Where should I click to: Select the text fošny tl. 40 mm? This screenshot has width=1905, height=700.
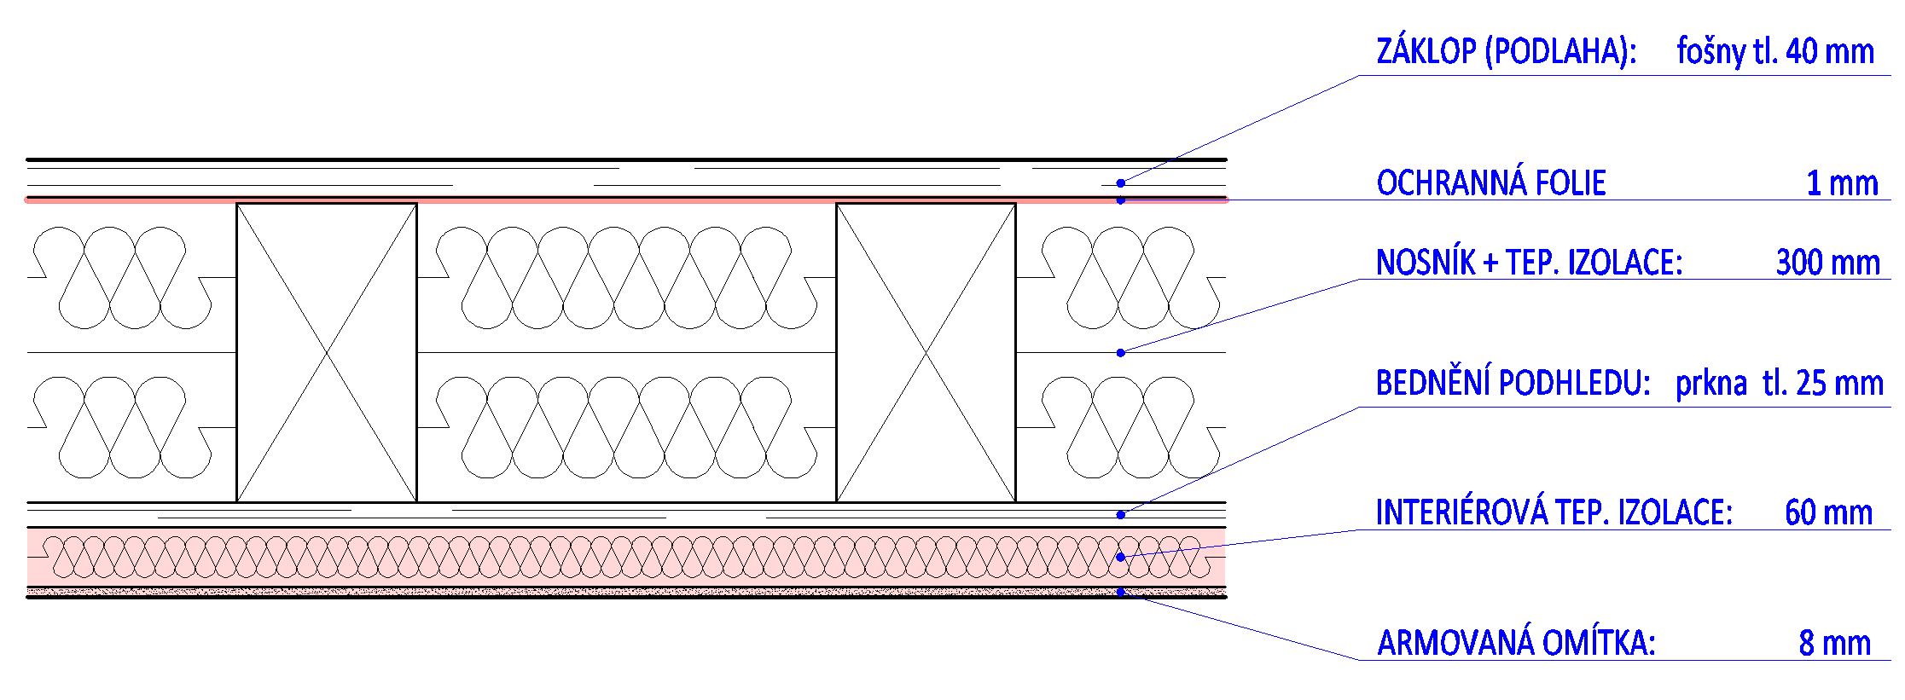(x=1774, y=53)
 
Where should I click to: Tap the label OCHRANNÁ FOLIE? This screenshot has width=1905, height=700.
(x=1490, y=183)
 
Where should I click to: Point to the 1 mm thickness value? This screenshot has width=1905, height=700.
(x=1842, y=183)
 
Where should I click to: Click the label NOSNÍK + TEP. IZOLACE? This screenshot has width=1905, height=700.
(x=1528, y=263)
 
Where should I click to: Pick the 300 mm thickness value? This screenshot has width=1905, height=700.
(x=1827, y=263)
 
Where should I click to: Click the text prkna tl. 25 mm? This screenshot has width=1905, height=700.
(x=1779, y=384)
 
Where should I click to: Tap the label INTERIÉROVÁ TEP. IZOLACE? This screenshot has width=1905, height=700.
(x=1554, y=512)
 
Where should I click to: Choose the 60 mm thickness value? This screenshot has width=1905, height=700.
(x=1828, y=512)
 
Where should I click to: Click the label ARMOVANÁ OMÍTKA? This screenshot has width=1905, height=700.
(x=1516, y=643)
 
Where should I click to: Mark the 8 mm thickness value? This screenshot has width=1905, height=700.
(x=1834, y=643)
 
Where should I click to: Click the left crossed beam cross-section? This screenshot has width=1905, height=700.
(x=327, y=352)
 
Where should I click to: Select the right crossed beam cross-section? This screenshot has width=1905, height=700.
(x=926, y=352)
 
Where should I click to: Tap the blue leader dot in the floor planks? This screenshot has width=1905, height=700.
(x=1121, y=182)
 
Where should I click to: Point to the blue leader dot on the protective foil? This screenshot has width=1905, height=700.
(x=1121, y=200)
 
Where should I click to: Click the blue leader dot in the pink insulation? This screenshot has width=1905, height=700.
(x=1121, y=557)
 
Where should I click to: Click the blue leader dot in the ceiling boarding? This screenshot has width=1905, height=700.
(x=1121, y=514)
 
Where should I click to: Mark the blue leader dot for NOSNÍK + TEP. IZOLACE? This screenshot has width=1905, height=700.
(x=1121, y=352)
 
